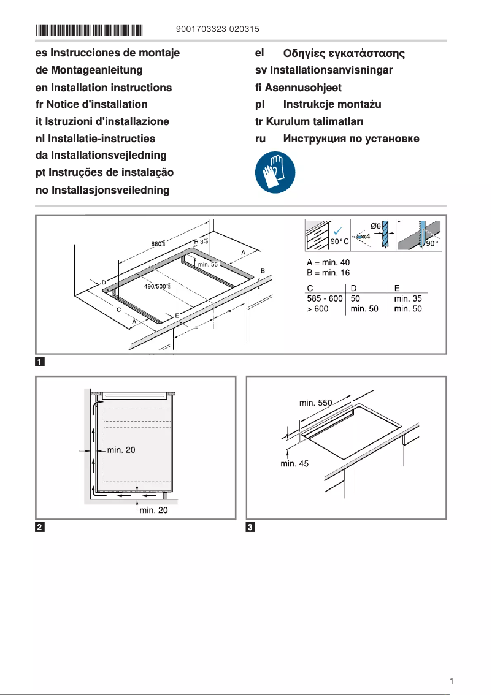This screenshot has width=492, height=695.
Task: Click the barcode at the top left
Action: [x=89, y=29]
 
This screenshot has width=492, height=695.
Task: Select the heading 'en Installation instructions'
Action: [x=104, y=88]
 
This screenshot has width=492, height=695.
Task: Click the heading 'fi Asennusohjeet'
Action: [x=298, y=88]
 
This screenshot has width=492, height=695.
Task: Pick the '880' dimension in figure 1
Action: [x=157, y=244]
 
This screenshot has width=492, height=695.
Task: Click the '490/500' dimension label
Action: [x=156, y=286]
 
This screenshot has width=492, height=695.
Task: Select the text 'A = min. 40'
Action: [x=328, y=262]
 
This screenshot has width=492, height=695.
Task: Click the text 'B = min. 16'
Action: [x=328, y=273]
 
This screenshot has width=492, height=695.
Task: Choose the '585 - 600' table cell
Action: [x=325, y=298]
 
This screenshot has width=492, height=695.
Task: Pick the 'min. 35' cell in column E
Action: [x=408, y=298]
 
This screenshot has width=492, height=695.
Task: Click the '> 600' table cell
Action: [x=318, y=309]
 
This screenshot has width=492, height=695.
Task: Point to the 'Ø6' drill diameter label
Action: [x=375, y=226]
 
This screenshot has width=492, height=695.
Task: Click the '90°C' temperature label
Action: [x=340, y=242]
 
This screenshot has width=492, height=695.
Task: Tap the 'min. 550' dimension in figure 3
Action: [x=315, y=403]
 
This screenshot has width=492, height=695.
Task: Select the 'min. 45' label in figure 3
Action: [x=294, y=464]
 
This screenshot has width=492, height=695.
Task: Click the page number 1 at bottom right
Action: [x=452, y=681]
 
